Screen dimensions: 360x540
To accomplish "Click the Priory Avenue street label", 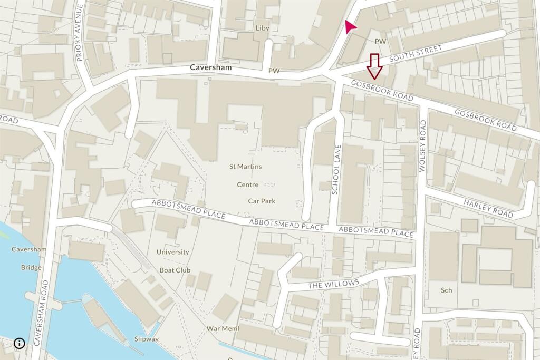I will pyautogui.click(x=80, y=33).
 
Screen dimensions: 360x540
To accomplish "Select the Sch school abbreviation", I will pyautogui.click(x=447, y=290).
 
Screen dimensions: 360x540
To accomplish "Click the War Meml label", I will pyautogui.click(x=223, y=329).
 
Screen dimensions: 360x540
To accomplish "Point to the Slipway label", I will pyautogui.click(x=146, y=339).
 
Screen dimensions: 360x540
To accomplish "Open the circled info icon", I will pyautogui.click(x=20, y=343).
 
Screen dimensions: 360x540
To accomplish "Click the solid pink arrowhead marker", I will pyautogui.click(x=349, y=27).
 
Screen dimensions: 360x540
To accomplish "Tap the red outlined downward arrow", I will pyautogui.click(x=375, y=66).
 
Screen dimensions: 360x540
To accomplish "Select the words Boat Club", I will pyautogui.click(x=175, y=270).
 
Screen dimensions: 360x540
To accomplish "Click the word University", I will pyautogui.click(x=172, y=252).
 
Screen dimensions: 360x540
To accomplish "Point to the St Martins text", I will pyautogui.click(x=245, y=167).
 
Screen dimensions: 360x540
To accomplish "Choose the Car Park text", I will pyautogui.click(x=262, y=201).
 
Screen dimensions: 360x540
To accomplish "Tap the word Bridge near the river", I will pyautogui.click(x=31, y=267).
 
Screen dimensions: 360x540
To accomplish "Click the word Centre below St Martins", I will pyautogui.click(x=247, y=184).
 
